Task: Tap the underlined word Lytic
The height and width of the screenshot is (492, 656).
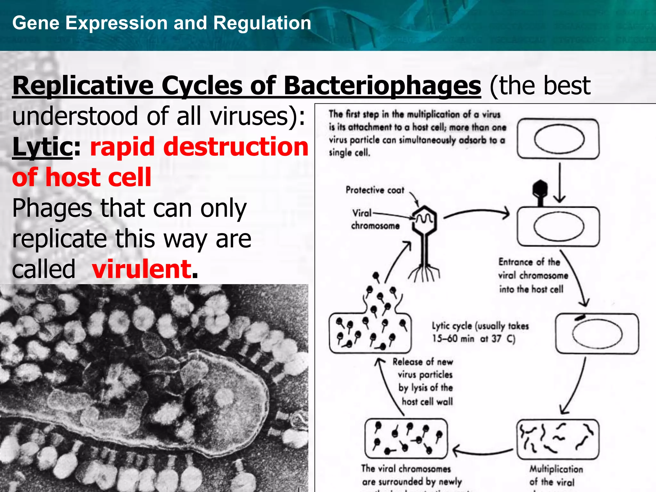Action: tap(42, 147)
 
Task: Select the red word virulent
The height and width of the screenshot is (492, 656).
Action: tap(142, 269)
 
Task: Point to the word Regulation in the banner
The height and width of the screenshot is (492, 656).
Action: tap(262, 23)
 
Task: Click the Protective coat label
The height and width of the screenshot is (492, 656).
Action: tap(375, 190)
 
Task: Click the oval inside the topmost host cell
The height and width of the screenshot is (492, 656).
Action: tap(559, 139)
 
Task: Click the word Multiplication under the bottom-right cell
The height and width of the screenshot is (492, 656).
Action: tap(556, 469)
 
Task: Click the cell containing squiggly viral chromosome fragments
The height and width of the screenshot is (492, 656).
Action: tap(558, 439)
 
